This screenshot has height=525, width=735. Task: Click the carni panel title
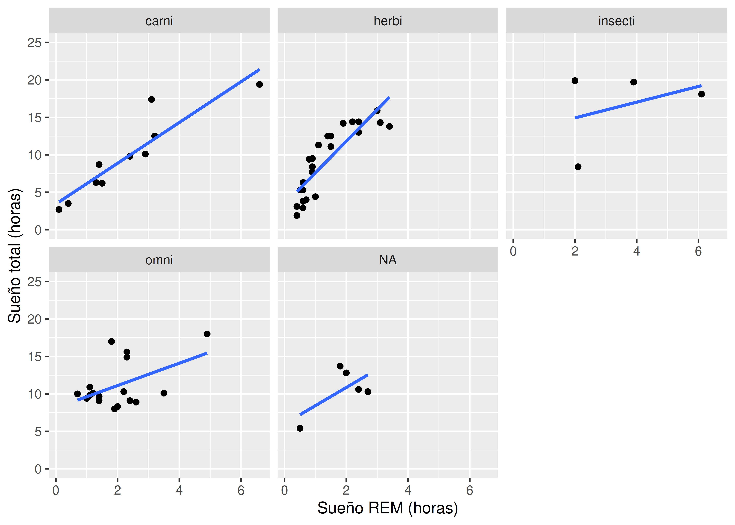tap(159, 21)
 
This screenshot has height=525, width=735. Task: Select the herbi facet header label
tap(388, 21)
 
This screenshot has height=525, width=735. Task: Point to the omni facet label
tap(159, 260)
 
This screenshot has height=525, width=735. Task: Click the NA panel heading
tap(388, 260)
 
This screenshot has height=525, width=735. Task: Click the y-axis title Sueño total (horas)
tap(15, 255)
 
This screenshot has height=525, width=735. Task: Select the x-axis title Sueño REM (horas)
tap(388, 508)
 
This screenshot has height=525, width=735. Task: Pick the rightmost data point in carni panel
tap(260, 84)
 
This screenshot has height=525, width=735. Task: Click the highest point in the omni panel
tap(207, 334)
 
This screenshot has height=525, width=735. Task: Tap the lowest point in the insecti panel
tap(578, 167)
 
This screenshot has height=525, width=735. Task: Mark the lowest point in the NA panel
tap(300, 428)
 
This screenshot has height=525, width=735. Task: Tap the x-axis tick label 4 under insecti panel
tap(636, 251)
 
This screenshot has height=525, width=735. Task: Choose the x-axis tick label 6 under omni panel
tap(241, 490)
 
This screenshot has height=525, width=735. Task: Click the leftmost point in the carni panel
tap(59, 209)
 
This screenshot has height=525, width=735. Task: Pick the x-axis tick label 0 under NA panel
tap(284, 490)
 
